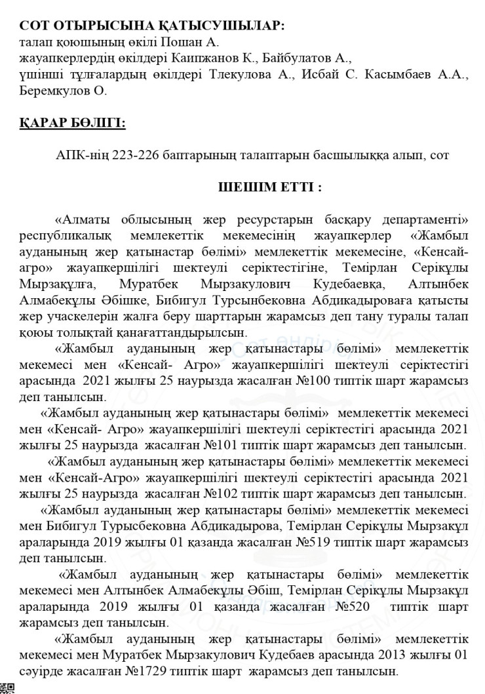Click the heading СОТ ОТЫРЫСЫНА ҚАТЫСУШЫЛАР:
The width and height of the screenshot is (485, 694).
pyautogui.click(x=153, y=26)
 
